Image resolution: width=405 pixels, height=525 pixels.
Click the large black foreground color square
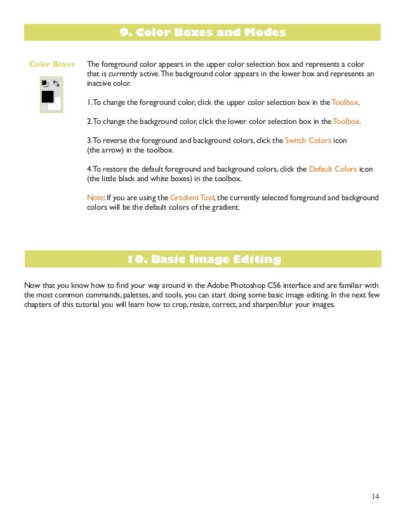(47, 97)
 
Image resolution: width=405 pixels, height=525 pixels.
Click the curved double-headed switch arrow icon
(56, 83)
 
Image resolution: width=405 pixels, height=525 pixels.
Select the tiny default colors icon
(44, 83)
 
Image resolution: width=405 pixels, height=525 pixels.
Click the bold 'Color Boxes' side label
(51, 64)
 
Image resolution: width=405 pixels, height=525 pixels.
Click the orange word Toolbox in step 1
(345, 102)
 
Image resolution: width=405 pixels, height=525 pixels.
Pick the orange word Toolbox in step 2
(346, 121)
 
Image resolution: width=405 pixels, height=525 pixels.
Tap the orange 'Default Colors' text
(333, 170)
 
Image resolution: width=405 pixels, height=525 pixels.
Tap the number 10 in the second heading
(134, 259)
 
